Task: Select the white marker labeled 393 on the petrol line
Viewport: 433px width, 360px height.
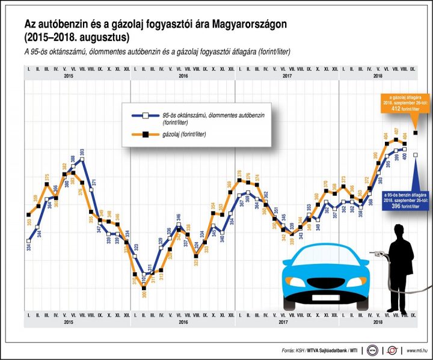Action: click(82, 159)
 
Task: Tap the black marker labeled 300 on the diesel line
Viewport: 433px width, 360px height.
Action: click(144, 287)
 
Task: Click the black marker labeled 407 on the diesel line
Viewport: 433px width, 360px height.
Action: click(396, 139)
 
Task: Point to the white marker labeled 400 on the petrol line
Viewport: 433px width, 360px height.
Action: click(404, 148)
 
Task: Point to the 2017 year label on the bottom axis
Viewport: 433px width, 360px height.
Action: click(287, 323)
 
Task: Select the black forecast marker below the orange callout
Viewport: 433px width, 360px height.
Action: click(416, 132)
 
